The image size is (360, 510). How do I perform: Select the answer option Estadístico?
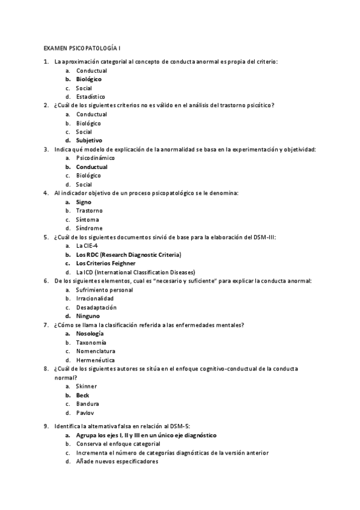point(90,96)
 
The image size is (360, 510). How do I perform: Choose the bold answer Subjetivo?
point(89,140)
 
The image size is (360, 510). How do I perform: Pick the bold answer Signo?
point(84,202)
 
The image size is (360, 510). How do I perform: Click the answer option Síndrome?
point(89,228)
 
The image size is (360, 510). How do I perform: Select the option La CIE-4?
point(88,245)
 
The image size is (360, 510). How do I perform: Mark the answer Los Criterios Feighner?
point(105,263)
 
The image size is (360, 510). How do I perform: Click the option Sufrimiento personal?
point(104,289)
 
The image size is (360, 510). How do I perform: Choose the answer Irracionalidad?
point(94,298)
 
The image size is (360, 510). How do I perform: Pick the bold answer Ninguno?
point(88,316)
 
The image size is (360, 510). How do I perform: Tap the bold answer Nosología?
point(90,333)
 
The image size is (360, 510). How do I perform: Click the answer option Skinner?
point(86,386)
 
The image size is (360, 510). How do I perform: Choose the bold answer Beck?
point(82,395)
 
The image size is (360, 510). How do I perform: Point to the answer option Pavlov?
point(85,413)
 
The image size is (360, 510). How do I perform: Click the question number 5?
point(46,237)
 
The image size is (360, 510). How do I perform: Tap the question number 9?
point(46,426)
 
